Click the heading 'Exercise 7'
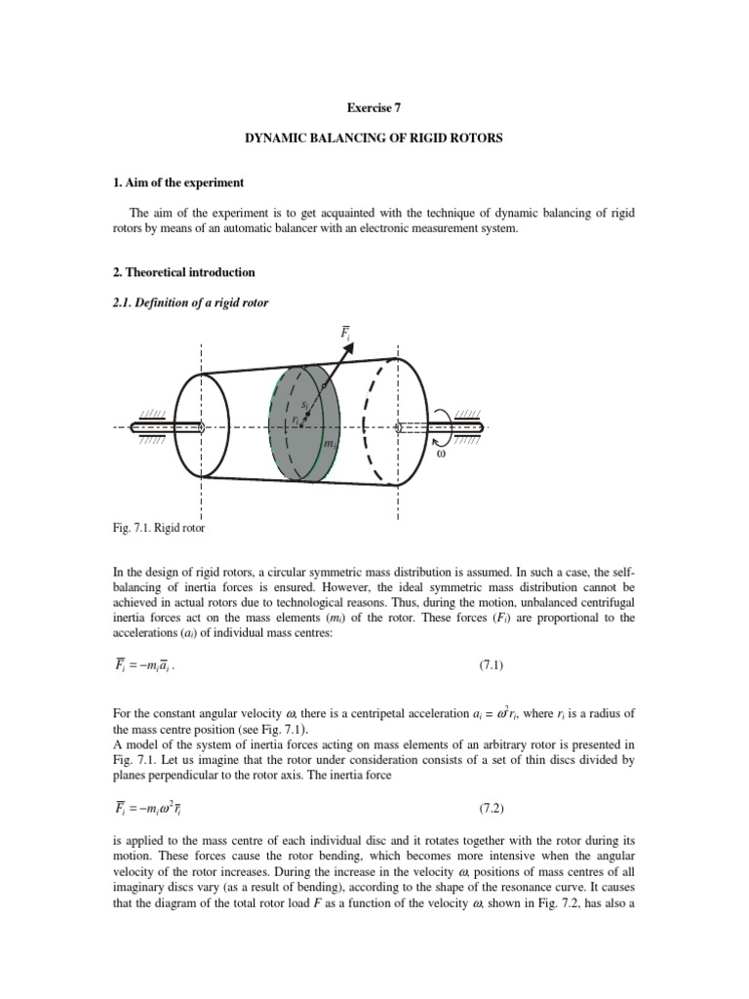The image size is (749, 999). pos(374,110)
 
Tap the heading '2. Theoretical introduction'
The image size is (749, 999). pos(184,272)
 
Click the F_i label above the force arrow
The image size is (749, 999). pos(346,334)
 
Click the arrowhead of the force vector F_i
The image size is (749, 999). pos(342,352)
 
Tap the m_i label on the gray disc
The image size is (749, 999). pos(329,443)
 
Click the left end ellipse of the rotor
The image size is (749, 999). pos(200,426)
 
